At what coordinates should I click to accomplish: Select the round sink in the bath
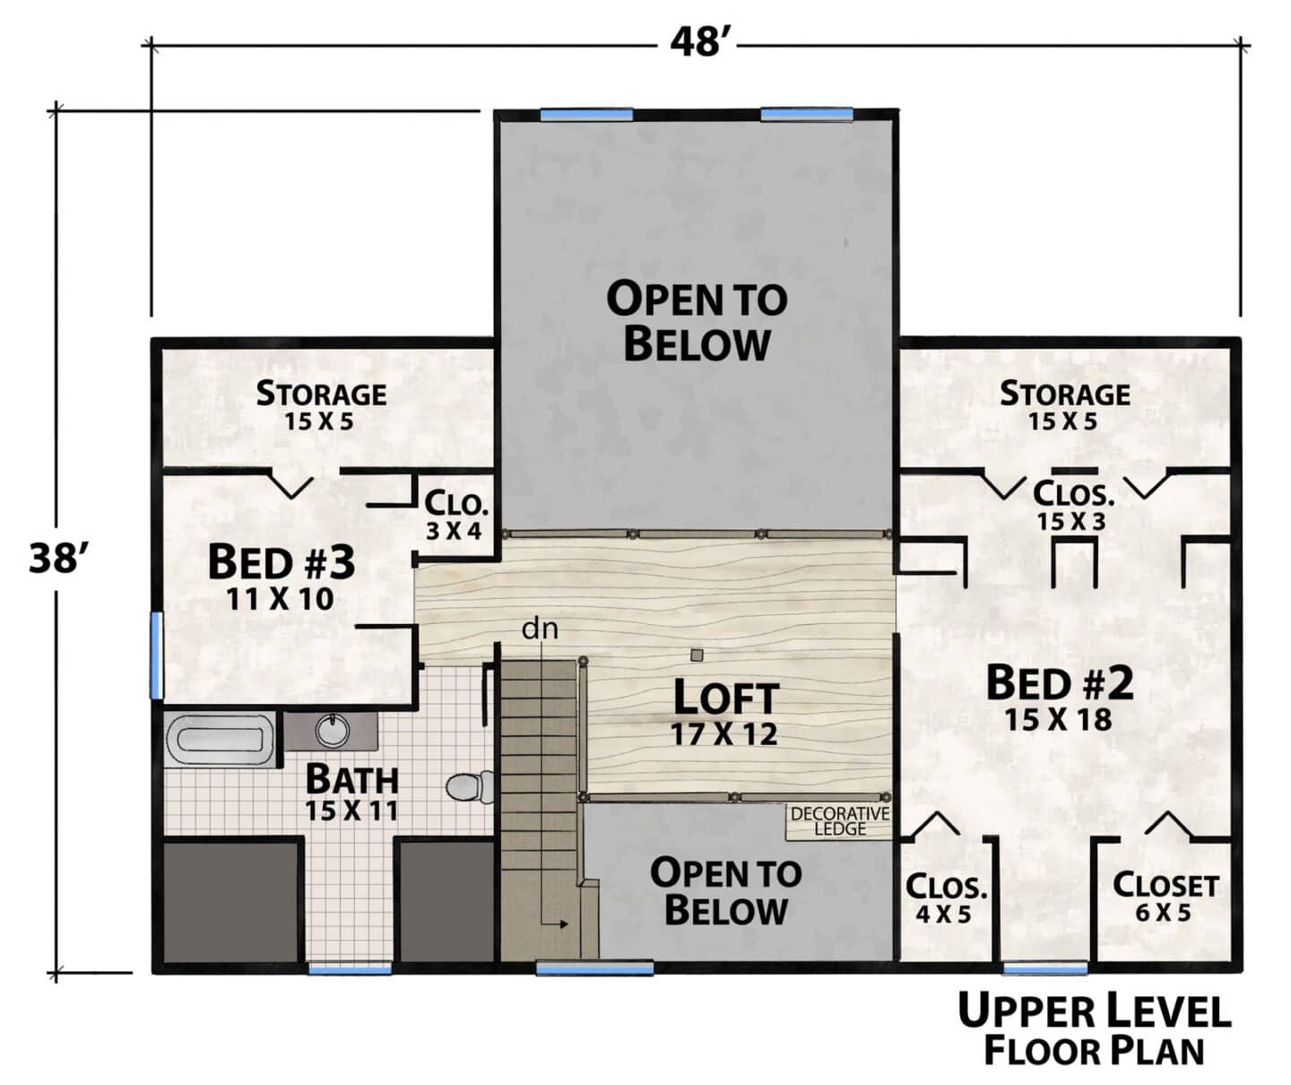point(333,731)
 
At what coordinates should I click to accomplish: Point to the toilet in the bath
point(470,786)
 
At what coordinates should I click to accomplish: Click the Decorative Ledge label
point(840,821)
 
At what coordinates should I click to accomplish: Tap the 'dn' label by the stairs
point(540,629)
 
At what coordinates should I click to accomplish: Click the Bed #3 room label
point(282,562)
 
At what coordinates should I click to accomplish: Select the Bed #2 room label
point(1060,683)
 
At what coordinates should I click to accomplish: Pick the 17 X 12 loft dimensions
point(724,734)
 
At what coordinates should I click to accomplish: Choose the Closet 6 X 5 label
point(1165,898)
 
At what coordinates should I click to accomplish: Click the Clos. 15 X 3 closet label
point(1073,507)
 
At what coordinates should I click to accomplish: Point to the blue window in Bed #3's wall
point(157,655)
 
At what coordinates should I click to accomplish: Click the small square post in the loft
point(697,655)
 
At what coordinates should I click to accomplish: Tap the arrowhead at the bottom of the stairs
point(563,924)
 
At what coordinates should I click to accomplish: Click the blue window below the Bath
point(350,968)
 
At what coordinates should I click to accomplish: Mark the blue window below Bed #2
point(1044,968)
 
